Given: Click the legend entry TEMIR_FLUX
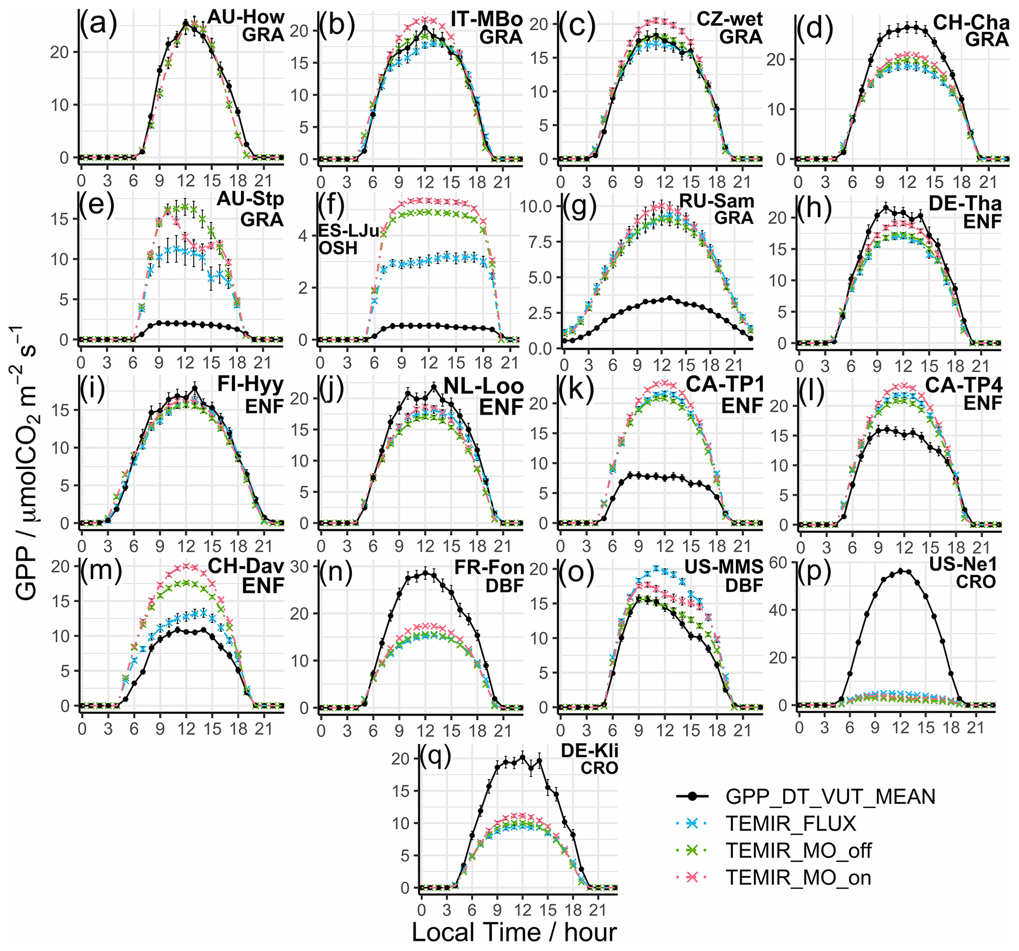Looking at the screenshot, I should [x=791, y=823].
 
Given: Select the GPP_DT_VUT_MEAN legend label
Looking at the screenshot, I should [x=830, y=796].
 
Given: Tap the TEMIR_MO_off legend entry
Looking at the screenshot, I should [x=798, y=850].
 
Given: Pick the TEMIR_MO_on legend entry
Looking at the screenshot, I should [x=798, y=878].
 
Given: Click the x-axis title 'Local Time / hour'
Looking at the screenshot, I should [x=514, y=932].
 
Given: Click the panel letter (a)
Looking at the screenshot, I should [x=98, y=23].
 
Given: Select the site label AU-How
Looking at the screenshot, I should [x=246, y=17].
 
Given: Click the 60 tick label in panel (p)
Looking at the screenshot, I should [x=777, y=563].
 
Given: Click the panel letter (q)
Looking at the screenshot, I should [x=435, y=755].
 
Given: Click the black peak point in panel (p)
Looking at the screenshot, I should [x=901, y=571].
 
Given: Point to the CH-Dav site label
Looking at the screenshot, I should [x=246, y=566].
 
